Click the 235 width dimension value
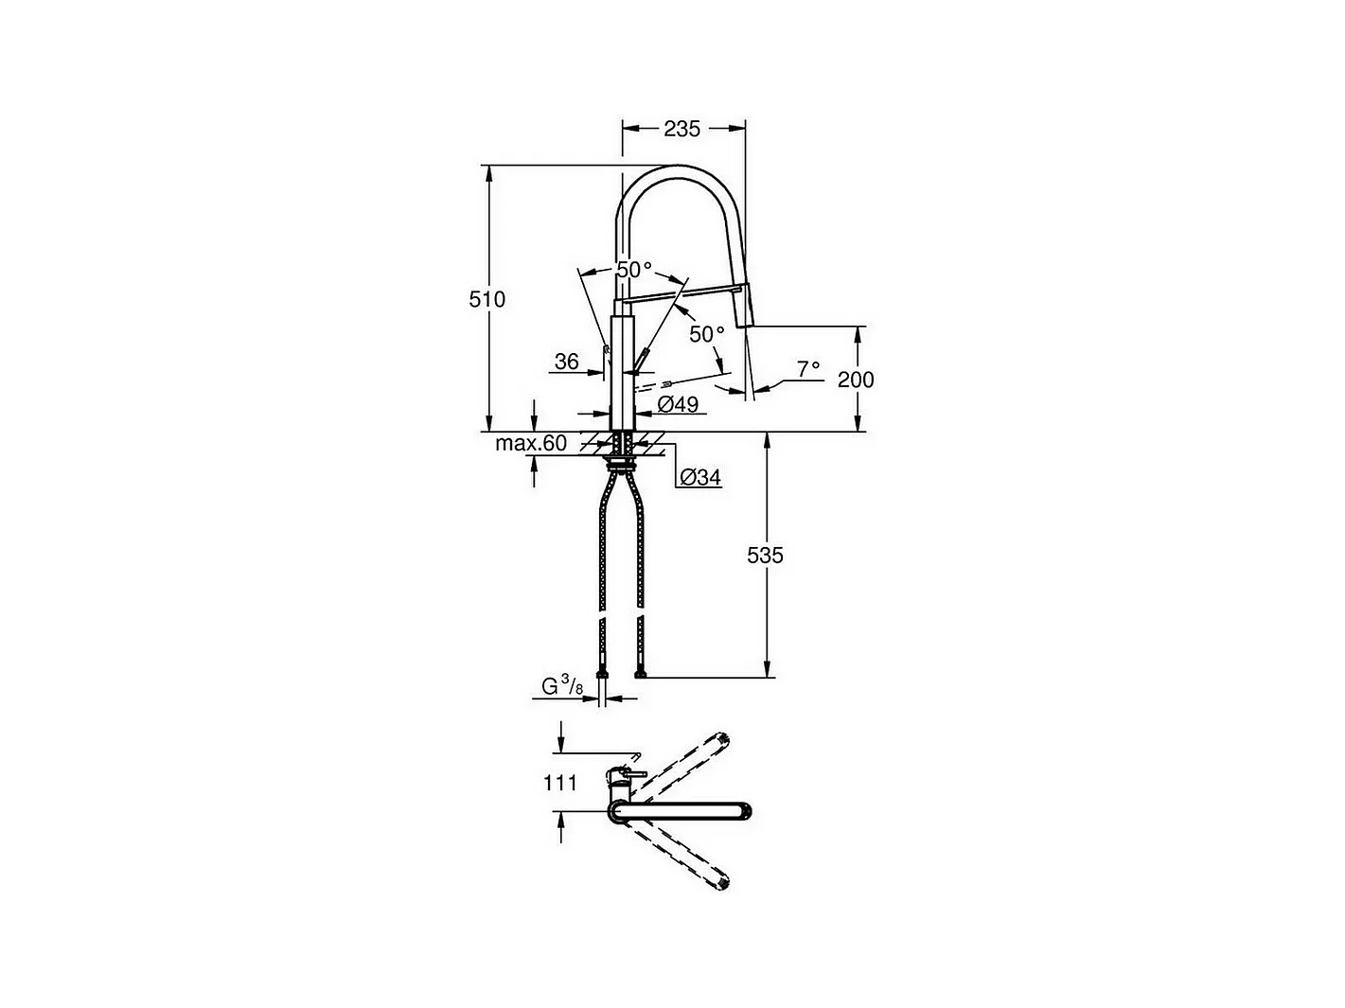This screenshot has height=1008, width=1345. pyautogui.click(x=681, y=129)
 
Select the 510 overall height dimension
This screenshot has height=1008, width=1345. pyautogui.click(x=487, y=299)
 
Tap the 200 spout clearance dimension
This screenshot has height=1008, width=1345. pyautogui.click(x=856, y=380)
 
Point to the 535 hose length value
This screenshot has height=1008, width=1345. pyautogui.click(x=765, y=556)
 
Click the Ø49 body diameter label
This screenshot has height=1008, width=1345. pyautogui.click(x=678, y=404)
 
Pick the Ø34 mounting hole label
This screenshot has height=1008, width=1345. pyautogui.click(x=700, y=477)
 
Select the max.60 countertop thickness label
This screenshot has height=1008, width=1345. pyautogui.click(x=531, y=442)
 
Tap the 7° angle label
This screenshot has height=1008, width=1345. pyautogui.click(x=808, y=369)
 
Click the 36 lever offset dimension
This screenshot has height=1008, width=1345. pyautogui.click(x=566, y=362)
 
